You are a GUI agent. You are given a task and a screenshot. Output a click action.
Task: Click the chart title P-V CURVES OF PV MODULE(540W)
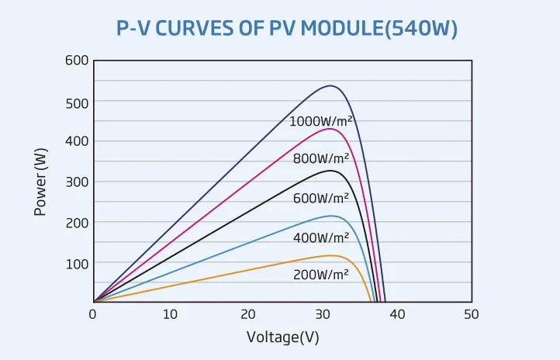click(287, 29)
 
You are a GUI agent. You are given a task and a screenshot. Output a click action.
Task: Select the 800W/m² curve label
click(321, 158)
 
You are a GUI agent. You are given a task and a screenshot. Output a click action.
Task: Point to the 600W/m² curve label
click(321, 198)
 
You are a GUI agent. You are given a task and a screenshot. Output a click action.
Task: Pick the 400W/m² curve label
click(321, 237)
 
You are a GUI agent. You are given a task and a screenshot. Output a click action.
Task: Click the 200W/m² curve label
click(321, 275)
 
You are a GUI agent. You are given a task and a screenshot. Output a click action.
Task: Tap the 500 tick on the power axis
click(76, 102)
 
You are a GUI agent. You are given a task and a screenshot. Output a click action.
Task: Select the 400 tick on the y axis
click(76, 141)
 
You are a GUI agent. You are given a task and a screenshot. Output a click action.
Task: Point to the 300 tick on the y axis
click(76, 182)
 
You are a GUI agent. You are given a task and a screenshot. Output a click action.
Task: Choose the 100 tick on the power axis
click(76, 263)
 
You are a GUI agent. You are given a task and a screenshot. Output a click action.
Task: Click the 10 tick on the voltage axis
click(169, 314)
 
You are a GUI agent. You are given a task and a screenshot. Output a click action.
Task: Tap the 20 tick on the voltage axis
click(247, 314)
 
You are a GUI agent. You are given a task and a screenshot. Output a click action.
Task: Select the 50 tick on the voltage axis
click(471, 314)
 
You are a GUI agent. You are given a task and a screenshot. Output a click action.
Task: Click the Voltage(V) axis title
click(282, 337)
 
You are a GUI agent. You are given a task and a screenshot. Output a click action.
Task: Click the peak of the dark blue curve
click(331, 85)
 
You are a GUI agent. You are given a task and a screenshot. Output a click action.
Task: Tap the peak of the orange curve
click(332, 255)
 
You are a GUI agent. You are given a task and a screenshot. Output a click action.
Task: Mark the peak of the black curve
click(331, 170)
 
